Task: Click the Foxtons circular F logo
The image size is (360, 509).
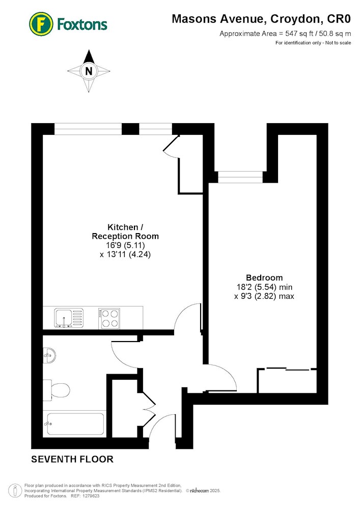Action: (x=41, y=24)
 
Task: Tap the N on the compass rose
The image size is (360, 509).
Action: (x=89, y=71)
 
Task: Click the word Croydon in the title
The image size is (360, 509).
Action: (x=295, y=19)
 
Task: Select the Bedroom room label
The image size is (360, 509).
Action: (x=264, y=277)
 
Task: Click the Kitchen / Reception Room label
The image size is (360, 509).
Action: (x=125, y=232)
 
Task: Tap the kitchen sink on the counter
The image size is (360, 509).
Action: (x=69, y=318)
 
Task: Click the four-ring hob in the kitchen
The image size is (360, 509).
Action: (x=109, y=319)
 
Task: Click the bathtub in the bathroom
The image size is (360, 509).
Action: (x=75, y=423)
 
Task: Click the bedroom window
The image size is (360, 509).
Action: (x=240, y=177)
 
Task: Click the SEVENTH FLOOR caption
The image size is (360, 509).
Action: (x=72, y=459)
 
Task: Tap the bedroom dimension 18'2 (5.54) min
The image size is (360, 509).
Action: (x=264, y=287)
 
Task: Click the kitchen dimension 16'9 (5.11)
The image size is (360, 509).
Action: (x=125, y=245)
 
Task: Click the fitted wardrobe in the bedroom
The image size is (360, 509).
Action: (x=287, y=380)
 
